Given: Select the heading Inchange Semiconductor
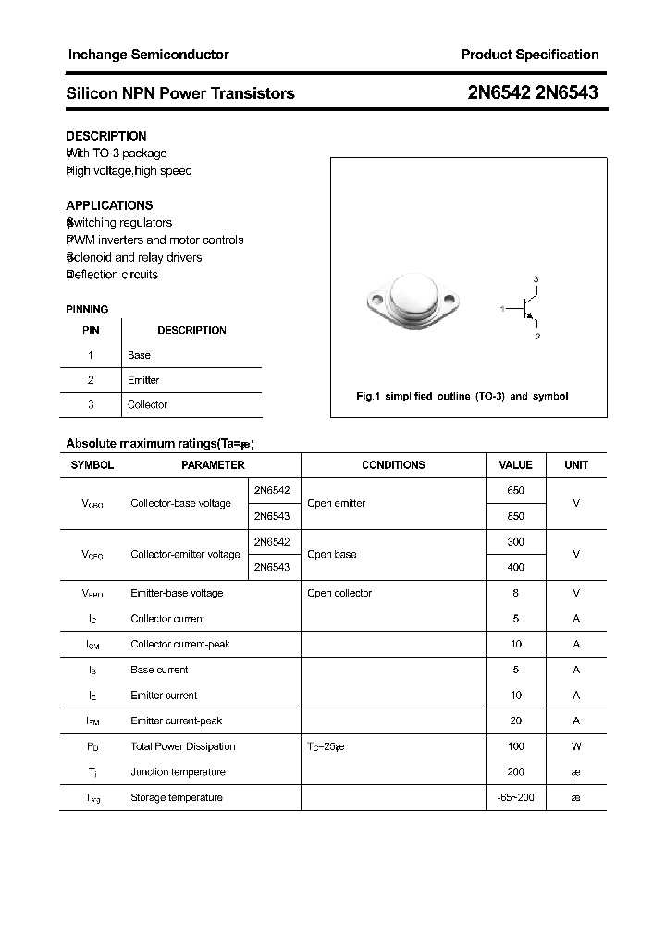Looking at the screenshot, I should (148, 55).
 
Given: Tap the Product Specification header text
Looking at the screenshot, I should (529, 55).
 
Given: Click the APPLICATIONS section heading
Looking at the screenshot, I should (109, 205).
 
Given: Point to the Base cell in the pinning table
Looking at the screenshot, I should (139, 355).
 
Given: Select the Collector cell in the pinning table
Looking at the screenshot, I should (147, 404).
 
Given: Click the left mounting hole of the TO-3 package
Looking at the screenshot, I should (377, 300).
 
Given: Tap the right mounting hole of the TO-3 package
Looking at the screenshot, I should (450, 300).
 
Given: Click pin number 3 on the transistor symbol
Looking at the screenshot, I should (536, 279).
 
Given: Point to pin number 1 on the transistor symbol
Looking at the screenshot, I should (502, 308).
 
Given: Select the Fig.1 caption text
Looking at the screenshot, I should (462, 396).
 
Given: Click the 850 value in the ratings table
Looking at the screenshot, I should (515, 516).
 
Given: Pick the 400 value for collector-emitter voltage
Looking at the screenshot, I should (515, 567).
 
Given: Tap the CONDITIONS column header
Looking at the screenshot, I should (393, 465).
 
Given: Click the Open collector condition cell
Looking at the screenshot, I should (339, 593).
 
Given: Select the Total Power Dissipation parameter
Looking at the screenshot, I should (183, 746).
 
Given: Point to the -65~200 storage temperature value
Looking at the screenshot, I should (515, 797).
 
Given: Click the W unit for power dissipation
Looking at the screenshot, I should (575, 746).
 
